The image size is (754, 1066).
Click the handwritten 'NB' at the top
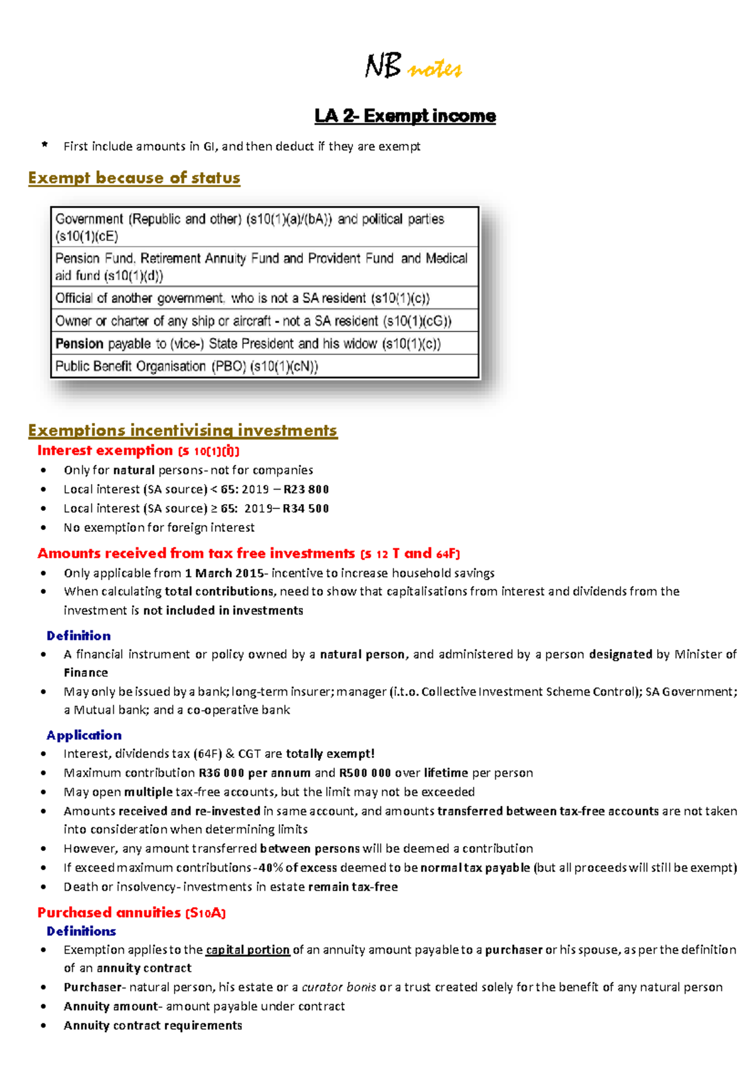[383, 66]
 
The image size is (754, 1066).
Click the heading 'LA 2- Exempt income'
[405, 116]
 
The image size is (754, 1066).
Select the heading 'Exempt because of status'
[134, 178]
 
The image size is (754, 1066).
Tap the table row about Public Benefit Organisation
[264, 366]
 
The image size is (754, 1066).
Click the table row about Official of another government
[264, 298]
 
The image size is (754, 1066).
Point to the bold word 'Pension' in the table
[79, 344]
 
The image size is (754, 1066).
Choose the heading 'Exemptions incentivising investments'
[182, 431]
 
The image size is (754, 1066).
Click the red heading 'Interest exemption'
[105, 451]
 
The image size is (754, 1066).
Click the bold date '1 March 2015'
[224, 573]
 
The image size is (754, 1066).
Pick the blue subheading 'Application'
[84, 735]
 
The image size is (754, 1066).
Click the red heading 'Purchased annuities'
[109, 913]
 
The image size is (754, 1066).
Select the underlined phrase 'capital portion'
[248, 950]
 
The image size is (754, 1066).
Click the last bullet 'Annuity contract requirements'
[153, 1026]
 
